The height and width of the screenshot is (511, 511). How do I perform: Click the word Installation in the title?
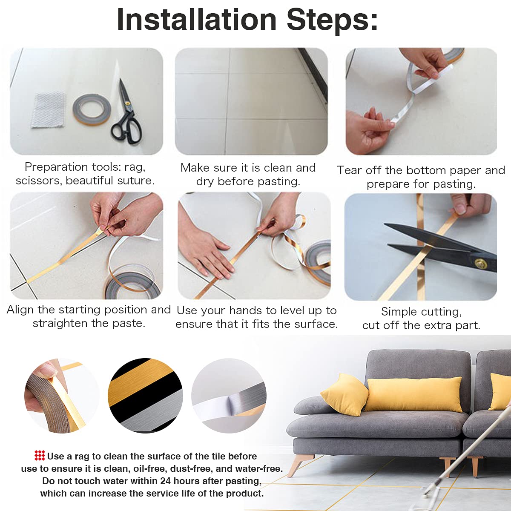click(197, 20)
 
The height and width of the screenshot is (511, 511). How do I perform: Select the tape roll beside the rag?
click(92, 109)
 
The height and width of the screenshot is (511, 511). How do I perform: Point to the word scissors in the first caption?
click(37, 181)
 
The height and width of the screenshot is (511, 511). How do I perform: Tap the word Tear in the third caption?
click(350, 170)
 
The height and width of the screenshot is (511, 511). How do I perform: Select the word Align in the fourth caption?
click(20, 310)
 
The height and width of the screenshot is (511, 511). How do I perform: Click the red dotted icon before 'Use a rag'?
click(40, 456)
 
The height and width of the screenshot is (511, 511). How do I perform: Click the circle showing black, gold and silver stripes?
click(145, 396)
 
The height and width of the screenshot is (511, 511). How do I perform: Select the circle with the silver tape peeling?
click(229, 396)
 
